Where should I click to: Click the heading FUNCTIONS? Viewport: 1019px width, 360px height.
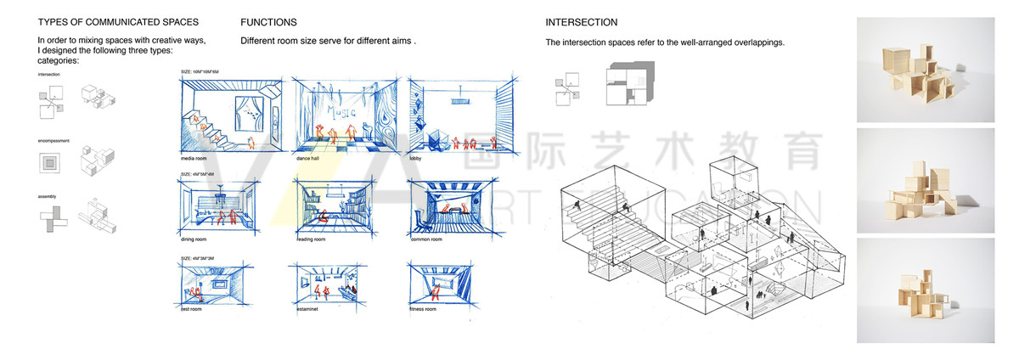coord(268,22)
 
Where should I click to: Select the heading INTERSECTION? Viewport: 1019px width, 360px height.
coord(582,22)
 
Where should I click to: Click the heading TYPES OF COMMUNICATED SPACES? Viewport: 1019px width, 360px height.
coord(119,22)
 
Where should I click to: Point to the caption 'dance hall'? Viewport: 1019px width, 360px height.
coord(309,159)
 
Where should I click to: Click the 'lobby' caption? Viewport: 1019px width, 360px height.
coord(417,159)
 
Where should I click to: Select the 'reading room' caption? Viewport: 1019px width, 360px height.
coord(312,240)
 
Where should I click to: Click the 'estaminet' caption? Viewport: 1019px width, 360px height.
coord(307,309)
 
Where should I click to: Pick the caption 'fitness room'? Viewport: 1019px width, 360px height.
coord(423,309)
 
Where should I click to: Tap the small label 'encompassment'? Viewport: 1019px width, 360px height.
coord(53,140)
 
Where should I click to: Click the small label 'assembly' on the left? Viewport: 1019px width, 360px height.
coord(48,196)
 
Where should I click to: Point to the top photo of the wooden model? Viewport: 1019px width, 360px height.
coord(926,70)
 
